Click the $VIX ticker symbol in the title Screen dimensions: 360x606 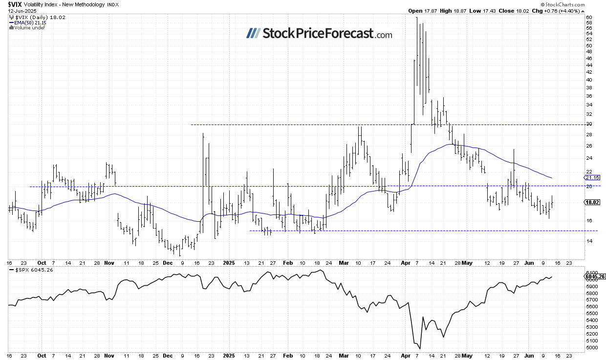coord(15,4)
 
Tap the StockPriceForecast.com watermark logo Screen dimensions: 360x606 coord(319,34)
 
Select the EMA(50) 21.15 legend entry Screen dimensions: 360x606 coord(28,22)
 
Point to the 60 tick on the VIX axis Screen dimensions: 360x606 coord(589,18)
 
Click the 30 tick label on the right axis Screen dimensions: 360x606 coord(589,124)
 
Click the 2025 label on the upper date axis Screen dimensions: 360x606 coord(229,262)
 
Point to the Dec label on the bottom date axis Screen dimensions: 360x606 coord(168,356)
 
